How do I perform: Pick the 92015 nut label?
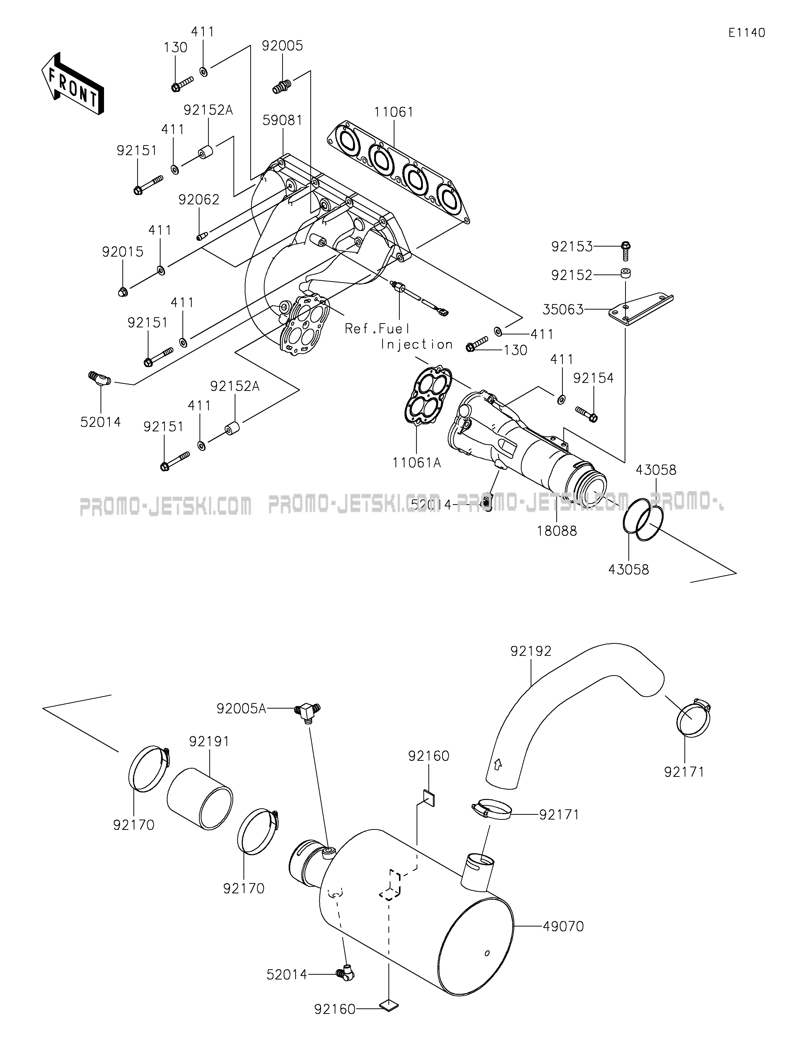pyautogui.click(x=123, y=252)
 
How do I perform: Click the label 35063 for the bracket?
pyautogui.click(x=563, y=310)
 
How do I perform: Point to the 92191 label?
pyautogui.click(x=209, y=741)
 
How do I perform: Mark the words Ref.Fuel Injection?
pyautogui.click(x=398, y=336)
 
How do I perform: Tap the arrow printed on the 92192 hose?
pyautogui.click(x=497, y=778)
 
